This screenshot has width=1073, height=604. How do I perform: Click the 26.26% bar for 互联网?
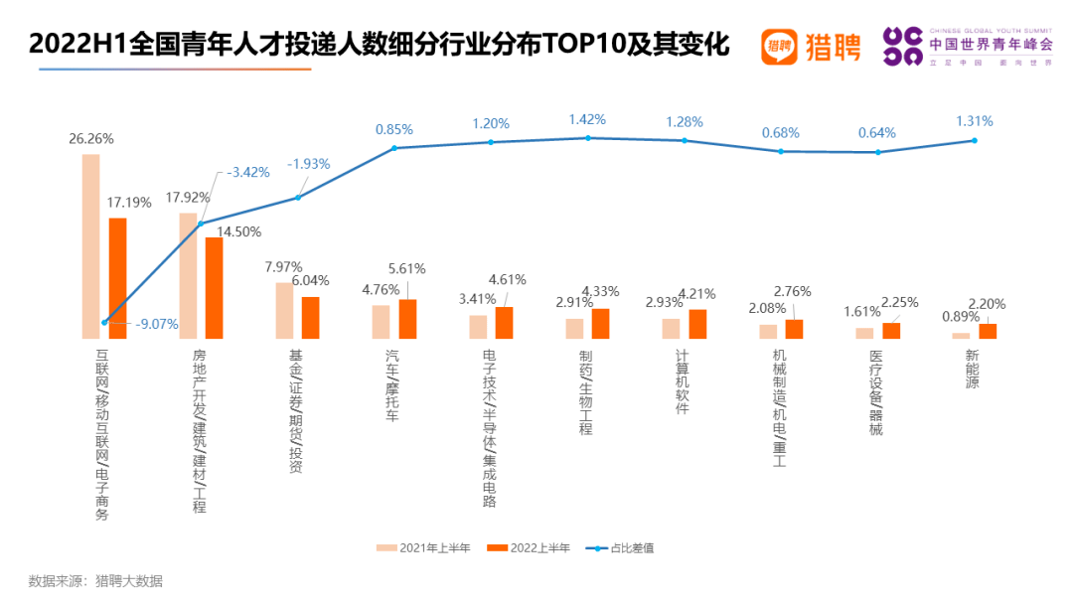coord(90,246)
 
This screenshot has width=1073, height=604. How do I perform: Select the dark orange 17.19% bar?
coord(117,278)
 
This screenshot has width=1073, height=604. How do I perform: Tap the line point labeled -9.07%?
coord(104,322)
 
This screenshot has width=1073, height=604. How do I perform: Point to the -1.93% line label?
coord(309,163)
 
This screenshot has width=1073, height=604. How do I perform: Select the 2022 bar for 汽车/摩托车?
coord(407,319)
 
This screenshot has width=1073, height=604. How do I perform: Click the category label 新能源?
coord(972,369)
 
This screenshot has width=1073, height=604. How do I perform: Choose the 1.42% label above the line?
coord(587,119)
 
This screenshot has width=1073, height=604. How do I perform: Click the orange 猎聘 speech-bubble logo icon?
coord(779,46)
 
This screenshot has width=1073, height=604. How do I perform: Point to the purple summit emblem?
coord(902,47)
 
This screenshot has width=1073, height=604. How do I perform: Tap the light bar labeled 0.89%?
coord(960,335)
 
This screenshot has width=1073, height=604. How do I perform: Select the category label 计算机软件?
coord(682,381)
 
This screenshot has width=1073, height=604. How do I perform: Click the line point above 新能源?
coord(975,140)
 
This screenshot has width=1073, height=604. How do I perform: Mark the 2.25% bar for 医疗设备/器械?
coord(891,330)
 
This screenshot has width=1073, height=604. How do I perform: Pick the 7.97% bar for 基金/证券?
coord(284,310)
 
